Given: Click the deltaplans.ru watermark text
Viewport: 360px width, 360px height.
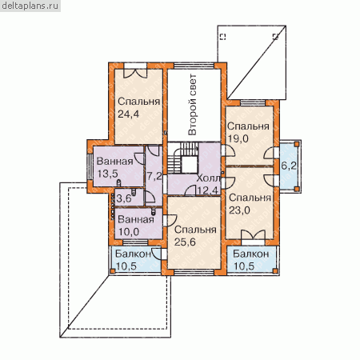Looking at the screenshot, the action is (30, 6).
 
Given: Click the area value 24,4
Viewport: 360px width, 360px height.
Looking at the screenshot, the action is (128, 114).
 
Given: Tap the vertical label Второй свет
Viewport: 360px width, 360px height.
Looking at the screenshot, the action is (192, 105).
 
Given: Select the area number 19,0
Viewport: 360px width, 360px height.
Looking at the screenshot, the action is (238, 138).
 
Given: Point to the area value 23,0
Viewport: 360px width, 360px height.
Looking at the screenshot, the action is (239, 210).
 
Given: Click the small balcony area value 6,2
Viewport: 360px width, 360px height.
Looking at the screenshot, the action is (289, 166).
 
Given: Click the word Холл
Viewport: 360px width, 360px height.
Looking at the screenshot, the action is (208, 178).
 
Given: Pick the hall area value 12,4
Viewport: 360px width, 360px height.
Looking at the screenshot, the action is (207, 190).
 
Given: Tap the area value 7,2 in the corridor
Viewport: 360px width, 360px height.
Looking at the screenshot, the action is (154, 176).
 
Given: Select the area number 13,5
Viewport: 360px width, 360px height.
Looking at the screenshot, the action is (107, 174).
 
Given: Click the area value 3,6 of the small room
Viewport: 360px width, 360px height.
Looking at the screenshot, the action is (124, 198).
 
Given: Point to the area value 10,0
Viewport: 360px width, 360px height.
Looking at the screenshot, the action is (129, 232).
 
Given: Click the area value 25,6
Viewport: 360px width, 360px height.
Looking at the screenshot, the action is (185, 242).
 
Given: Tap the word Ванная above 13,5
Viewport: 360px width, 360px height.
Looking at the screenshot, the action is (114, 162).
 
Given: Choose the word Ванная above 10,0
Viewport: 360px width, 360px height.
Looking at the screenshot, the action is (136, 219).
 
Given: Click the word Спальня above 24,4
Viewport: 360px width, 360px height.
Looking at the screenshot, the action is (138, 102).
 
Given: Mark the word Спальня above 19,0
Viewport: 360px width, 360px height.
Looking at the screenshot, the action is (248, 126).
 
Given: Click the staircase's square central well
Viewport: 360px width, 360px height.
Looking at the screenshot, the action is (190, 165).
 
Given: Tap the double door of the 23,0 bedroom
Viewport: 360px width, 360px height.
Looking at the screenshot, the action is (253, 235).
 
